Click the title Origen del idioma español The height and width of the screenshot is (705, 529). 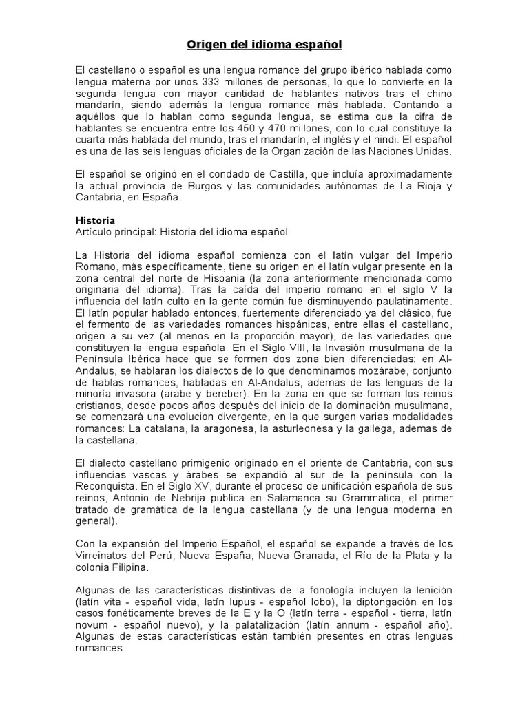[264, 45]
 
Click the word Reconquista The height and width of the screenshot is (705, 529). [107, 486]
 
